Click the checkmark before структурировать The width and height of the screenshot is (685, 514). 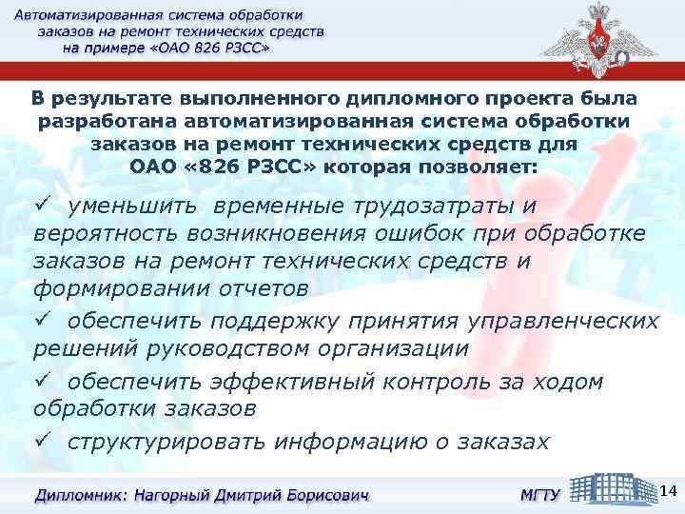(x=41, y=442)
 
